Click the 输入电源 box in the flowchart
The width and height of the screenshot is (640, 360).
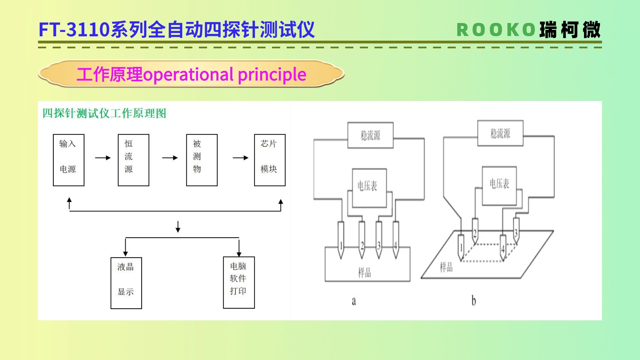[x=68, y=160]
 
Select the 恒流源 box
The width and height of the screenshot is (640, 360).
[x=133, y=160]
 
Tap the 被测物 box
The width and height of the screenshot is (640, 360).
[x=202, y=160]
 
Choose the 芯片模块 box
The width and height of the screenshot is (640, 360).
[x=270, y=160]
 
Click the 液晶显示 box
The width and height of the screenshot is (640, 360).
[x=126, y=283]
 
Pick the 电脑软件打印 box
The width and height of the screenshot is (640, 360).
[x=239, y=282]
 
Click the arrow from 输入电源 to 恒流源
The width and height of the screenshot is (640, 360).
[x=103, y=158]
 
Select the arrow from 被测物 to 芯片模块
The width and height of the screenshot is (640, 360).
[x=240, y=158]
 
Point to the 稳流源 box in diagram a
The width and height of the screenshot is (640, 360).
[x=370, y=135]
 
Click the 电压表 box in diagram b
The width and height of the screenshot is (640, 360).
[x=499, y=186]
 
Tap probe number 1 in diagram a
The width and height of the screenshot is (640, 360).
[x=341, y=240]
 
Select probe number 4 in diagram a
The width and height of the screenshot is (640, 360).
[x=396, y=240]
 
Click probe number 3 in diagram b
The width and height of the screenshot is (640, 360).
[x=516, y=230]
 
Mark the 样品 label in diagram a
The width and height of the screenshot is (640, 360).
[x=364, y=273]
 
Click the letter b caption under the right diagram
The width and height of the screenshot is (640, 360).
[x=474, y=301]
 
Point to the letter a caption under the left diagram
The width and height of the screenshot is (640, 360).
[x=354, y=301]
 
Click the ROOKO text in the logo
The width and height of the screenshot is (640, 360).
[x=496, y=30]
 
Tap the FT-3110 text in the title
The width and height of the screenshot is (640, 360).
[x=74, y=30]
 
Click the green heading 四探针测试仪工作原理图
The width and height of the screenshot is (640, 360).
[x=104, y=113]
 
